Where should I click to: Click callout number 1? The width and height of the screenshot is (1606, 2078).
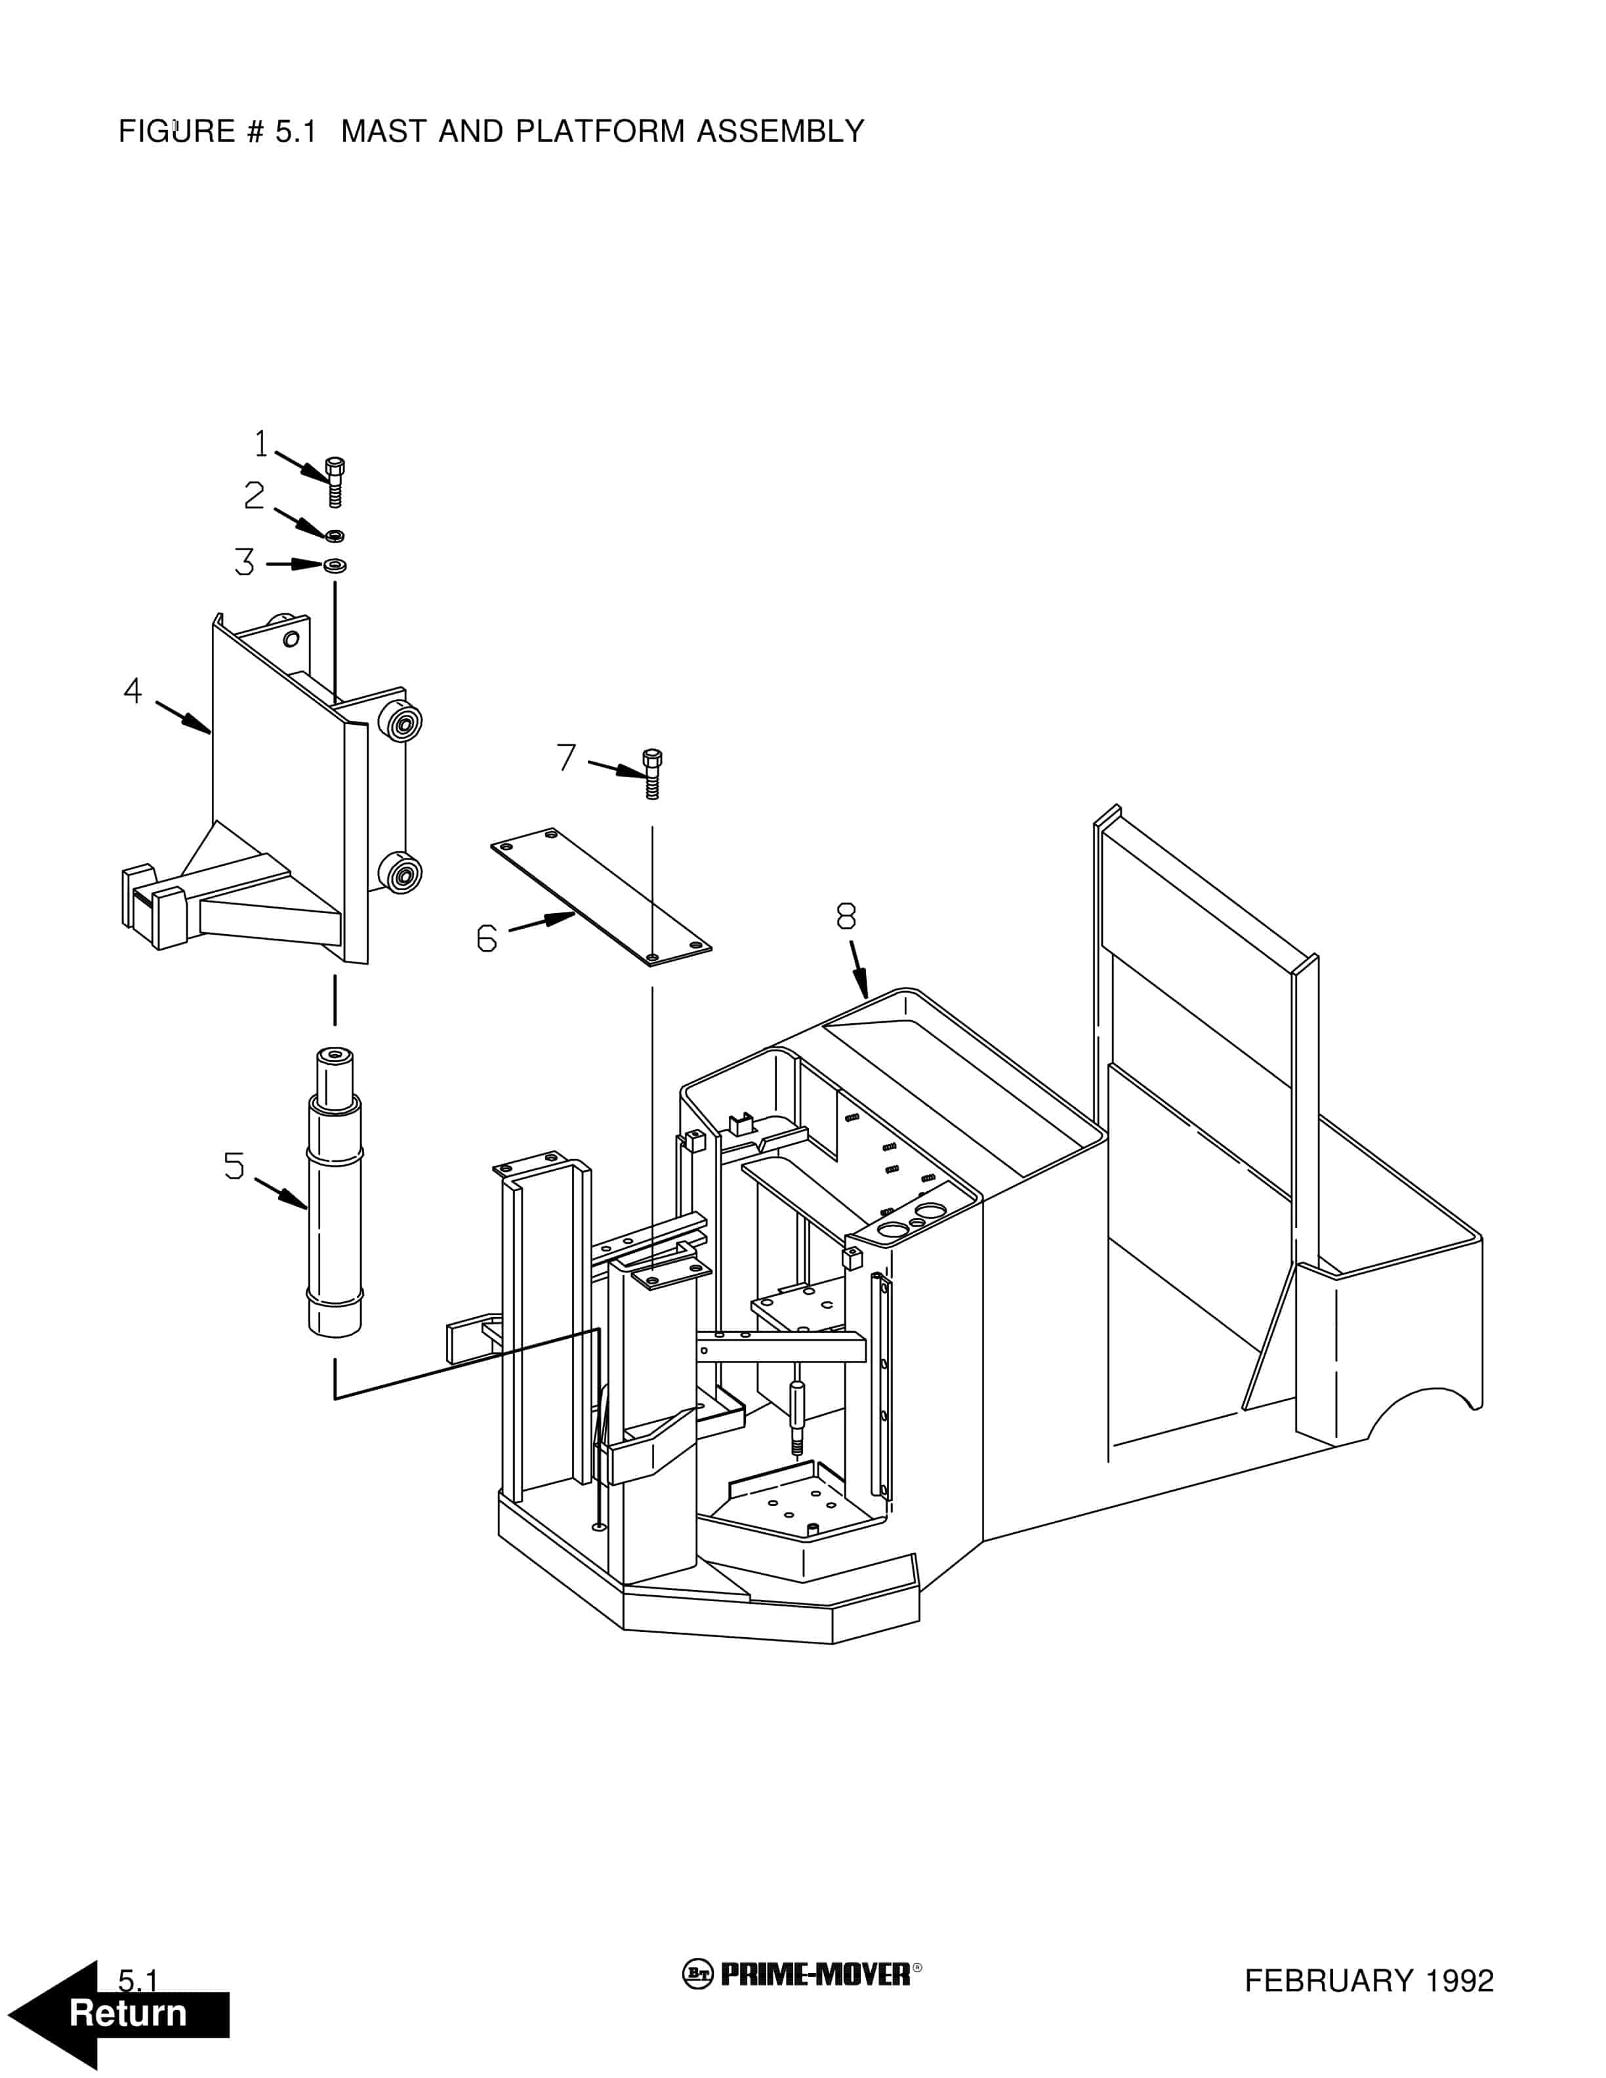(x=260, y=443)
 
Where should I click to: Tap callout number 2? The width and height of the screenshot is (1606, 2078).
(x=254, y=495)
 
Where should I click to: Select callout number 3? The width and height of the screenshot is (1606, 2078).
(x=245, y=562)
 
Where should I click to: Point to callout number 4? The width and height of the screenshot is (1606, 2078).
(x=133, y=691)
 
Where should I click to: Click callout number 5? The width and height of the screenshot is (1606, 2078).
(x=234, y=1166)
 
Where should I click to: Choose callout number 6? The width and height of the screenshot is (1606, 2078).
(x=486, y=938)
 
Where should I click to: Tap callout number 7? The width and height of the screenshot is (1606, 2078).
(x=567, y=758)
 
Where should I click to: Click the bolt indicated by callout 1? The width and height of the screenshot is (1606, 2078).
(x=334, y=482)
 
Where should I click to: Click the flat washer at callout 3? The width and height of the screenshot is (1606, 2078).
(x=335, y=565)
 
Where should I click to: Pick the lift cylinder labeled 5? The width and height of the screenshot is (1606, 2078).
(x=335, y=1193)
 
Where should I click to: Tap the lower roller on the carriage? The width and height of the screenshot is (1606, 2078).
(x=401, y=872)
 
